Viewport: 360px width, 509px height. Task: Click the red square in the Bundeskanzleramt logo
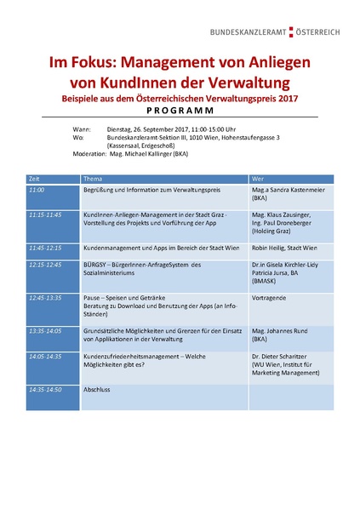pyautogui.click(x=290, y=31)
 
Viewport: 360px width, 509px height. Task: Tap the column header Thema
pyautogui.click(x=93, y=179)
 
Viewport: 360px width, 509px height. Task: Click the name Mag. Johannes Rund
pyautogui.click(x=282, y=329)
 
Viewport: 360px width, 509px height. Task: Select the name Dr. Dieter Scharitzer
pyautogui.click(x=285, y=358)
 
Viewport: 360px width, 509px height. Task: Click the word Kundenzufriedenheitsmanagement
pyautogui.click(x=134, y=358)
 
